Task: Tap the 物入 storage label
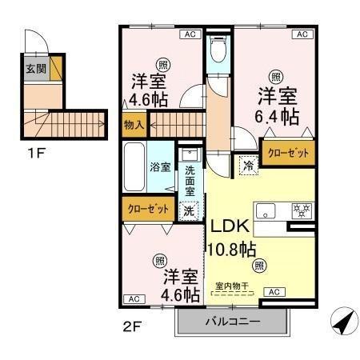click(x=134, y=125)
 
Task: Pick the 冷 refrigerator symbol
click(x=247, y=167)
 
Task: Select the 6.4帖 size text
click(x=278, y=117)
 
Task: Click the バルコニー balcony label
click(x=231, y=322)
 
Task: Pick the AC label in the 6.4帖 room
click(x=302, y=34)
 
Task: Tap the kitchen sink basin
click(x=266, y=211)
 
